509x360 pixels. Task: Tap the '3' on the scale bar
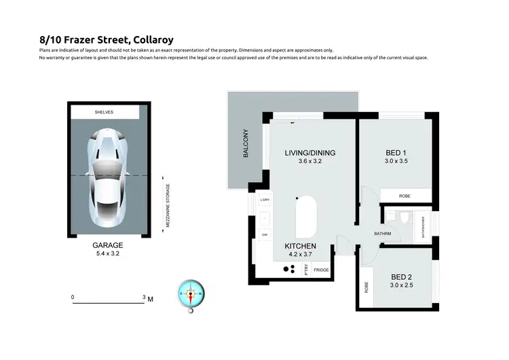point(144,298)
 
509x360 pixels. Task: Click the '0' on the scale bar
point(73,298)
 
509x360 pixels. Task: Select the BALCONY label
point(246,144)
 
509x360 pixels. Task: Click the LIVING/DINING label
point(310,152)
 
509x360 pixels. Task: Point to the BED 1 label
point(395,152)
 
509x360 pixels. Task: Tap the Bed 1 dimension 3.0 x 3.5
point(395,162)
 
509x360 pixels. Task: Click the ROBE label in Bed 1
point(404,196)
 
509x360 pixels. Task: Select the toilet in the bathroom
point(403,217)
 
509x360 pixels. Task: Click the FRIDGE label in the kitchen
point(322,270)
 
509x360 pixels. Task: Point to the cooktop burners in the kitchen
point(288,269)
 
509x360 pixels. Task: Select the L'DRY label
point(265,200)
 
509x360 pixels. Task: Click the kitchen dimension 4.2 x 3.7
point(301,254)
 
